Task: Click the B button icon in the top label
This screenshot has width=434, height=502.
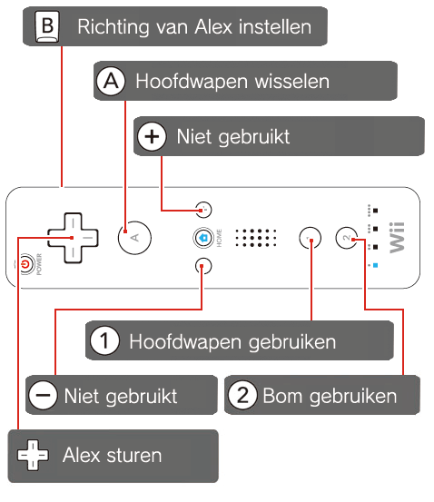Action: [x=47, y=27]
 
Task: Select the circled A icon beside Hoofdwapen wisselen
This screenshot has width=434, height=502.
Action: [x=111, y=81]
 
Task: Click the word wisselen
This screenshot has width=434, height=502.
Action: [x=292, y=82]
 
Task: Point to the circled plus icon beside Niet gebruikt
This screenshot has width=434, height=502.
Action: [x=152, y=136]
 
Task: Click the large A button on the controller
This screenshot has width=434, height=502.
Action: [x=134, y=238]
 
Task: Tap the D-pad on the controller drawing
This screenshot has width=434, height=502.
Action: [x=73, y=238]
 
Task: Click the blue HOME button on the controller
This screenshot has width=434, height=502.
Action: [x=203, y=238]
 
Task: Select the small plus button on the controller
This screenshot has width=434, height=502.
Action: [x=203, y=210]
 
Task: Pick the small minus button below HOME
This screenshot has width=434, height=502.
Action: [x=203, y=266]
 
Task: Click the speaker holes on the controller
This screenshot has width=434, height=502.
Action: [x=256, y=238]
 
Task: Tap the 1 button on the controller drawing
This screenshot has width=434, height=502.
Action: [x=310, y=238]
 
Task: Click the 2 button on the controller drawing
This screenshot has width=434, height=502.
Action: [x=347, y=238]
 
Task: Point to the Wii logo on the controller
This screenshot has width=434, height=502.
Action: [x=397, y=237]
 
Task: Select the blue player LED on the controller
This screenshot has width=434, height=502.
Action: [x=375, y=265]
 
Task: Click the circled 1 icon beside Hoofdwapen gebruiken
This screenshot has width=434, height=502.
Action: [x=104, y=340]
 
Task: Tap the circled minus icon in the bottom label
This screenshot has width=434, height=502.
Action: [x=44, y=395]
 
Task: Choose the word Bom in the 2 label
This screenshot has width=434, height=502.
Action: [x=282, y=396]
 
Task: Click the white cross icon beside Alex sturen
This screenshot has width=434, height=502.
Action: [x=33, y=455]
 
